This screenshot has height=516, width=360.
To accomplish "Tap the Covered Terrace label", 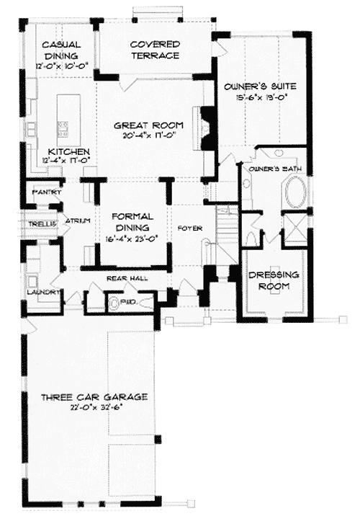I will tap(155, 49).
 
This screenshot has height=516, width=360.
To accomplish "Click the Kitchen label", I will tap(68, 151).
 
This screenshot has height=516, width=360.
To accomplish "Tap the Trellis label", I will tap(37, 223).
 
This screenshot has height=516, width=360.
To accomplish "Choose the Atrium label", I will tap(76, 221).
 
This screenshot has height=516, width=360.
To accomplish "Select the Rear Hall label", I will tap(122, 277).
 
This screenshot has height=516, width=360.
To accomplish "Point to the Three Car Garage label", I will tap(94, 396).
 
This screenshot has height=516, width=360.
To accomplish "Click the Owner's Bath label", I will tap(268, 169).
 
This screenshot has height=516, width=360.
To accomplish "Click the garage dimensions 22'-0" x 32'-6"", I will tap(94, 406).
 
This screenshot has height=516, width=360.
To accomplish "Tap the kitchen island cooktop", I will tap(63, 129).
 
